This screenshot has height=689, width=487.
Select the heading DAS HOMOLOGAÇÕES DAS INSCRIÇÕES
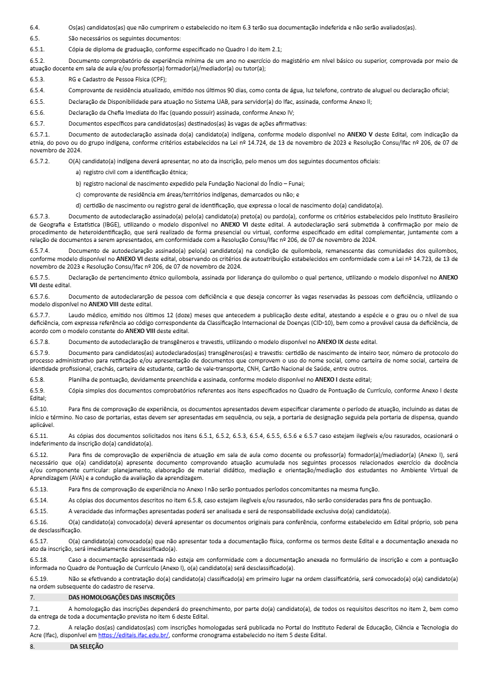tap(118, 597)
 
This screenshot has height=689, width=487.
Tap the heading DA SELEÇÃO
tap(86, 646)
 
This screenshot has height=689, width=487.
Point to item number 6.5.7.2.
tap(40, 161)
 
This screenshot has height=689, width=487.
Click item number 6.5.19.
tap(39, 578)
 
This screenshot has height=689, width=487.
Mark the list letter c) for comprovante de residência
tap(79, 194)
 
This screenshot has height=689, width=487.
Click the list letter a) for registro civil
tap(79, 172)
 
